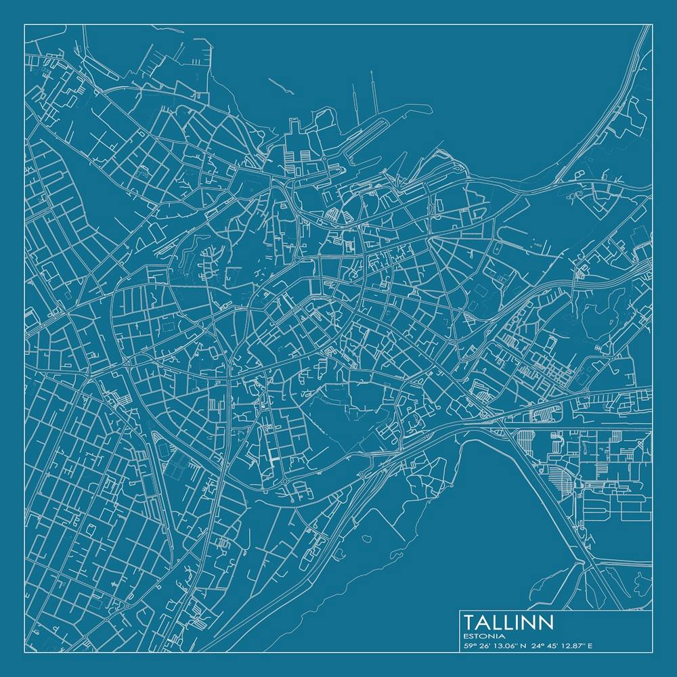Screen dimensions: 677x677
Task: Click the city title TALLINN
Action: click(509, 622)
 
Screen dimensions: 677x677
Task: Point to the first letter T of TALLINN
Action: click(470, 622)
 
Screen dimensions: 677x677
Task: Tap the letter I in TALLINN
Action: click(521, 622)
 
